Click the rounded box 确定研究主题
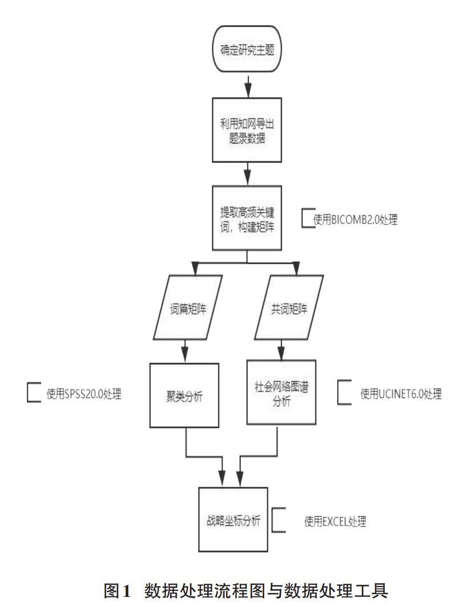[x=247, y=50]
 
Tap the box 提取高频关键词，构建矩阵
[x=247, y=218]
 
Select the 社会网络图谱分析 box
[x=280, y=392]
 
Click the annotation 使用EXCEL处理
[x=336, y=520]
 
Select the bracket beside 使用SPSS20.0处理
[x=33, y=393]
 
